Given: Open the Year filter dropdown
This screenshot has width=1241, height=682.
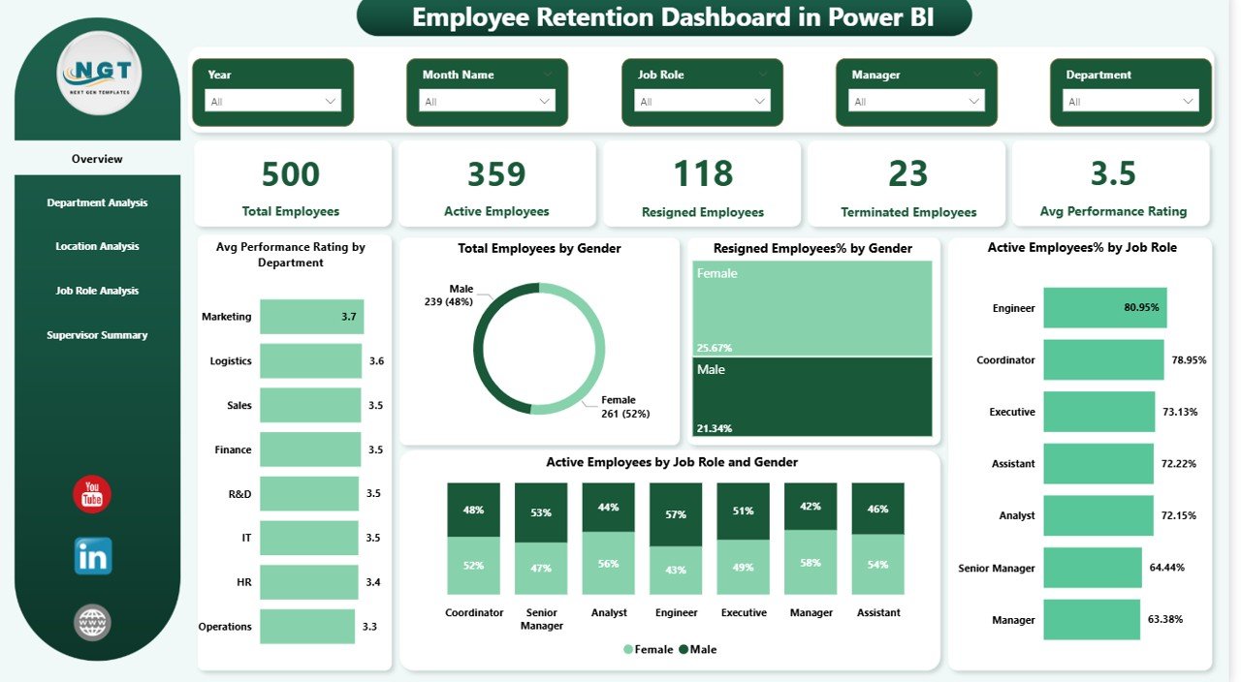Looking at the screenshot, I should click(272, 101).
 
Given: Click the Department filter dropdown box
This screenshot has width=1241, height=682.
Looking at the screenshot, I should click(1130, 101).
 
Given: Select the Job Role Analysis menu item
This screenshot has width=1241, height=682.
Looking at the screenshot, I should click(97, 291).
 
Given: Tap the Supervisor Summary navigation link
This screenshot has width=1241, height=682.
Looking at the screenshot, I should click(97, 335).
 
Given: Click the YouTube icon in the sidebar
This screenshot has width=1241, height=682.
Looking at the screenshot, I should click(92, 494).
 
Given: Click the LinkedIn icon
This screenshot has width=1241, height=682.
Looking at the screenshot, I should click(92, 557).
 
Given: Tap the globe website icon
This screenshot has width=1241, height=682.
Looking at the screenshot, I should click(92, 622).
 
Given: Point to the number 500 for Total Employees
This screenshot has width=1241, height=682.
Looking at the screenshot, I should click(291, 174).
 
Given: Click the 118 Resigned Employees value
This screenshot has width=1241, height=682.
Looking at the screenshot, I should click(703, 174).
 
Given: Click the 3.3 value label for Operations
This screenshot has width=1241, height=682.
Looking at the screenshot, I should click(369, 627).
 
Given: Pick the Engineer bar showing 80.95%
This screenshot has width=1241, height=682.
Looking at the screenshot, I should click(1105, 308).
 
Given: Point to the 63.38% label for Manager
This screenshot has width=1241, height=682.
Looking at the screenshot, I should click(1166, 620).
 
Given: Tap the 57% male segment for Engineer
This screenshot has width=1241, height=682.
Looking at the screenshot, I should click(676, 515).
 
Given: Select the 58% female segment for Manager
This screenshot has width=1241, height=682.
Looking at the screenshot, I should click(811, 562).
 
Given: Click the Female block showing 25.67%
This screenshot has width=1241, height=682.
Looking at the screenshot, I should click(811, 308).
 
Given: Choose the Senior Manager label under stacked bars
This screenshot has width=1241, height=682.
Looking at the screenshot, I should click(541, 619).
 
